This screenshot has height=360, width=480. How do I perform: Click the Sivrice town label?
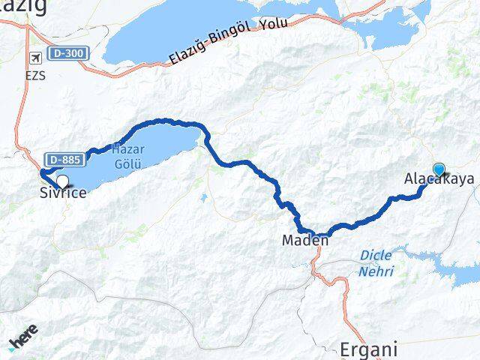point(63,193)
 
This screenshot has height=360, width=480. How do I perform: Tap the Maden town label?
point(304,241)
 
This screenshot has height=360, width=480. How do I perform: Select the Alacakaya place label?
point(439,179)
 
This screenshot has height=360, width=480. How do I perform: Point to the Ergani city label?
point(368,349)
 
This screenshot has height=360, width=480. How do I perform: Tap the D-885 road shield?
point(63,159)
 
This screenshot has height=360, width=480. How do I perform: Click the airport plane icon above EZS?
point(34,58)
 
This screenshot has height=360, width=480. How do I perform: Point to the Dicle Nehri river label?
point(376,263)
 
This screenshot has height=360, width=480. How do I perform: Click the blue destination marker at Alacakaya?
point(439,169)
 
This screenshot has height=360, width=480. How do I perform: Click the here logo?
point(24,342)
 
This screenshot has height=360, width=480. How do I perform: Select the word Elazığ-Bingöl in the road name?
point(213,44)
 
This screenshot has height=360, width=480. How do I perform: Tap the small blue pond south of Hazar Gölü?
point(203,199)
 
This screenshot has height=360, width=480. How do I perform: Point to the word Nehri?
point(376,271)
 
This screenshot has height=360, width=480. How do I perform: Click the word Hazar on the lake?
point(127,148)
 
